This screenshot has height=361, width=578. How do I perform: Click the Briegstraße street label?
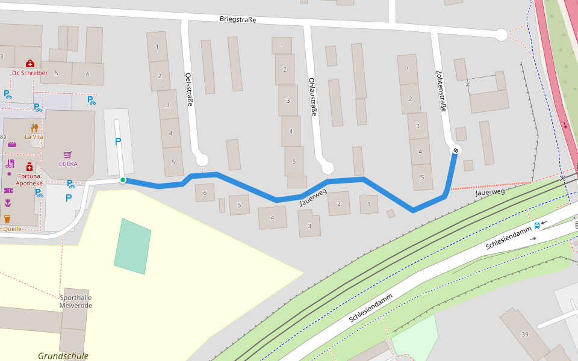click(x=238, y=20)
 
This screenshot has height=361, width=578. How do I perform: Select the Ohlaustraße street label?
click(x=312, y=96)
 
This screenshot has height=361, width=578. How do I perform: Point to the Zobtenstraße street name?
click(x=441, y=90)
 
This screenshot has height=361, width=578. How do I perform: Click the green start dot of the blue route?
click(x=123, y=180)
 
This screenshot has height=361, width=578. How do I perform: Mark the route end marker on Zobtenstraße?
click(x=456, y=150)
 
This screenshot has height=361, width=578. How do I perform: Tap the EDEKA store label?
click(x=68, y=164)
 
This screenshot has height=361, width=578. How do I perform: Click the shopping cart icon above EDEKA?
click(x=67, y=155)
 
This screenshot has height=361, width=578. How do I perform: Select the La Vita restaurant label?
click(x=34, y=137)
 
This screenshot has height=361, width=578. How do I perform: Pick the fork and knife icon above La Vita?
click(x=34, y=128)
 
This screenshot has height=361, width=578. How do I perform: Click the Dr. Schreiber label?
click(x=30, y=73)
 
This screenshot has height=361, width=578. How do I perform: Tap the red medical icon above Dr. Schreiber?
click(x=30, y=63)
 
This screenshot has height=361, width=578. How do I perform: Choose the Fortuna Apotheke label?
click(x=29, y=179)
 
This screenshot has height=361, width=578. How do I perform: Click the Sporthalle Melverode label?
click(x=76, y=301)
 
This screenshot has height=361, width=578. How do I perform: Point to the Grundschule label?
click(x=63, y=356)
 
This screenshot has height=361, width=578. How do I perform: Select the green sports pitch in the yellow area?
click(x=132, y=247)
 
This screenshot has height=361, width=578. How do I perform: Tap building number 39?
click(x=525, y=335)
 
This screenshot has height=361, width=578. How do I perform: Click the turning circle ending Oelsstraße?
click(x=202, y=160)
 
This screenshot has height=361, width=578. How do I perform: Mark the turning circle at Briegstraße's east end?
click(x=501, y=35)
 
